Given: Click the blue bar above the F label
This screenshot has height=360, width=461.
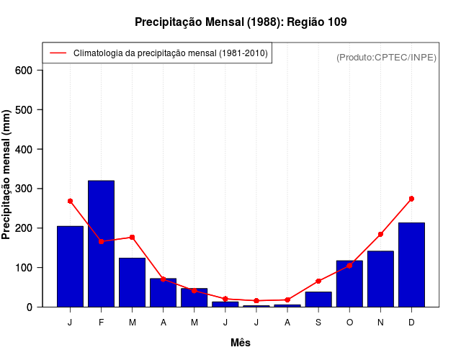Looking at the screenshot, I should pyautogui.click(x=101, y=243).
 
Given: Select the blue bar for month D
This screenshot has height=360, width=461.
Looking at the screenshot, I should pyautogui.click(x=411, y=264).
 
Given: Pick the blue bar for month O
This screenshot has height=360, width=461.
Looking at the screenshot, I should pyautogui.click(x=349, y=283).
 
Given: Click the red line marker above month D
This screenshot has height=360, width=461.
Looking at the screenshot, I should pyautogui.click(x=411, y=199).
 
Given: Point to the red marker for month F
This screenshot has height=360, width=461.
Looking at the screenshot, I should pyautogui.click(x=101, y=241).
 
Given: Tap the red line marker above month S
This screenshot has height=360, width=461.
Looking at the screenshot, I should pyautogui.click(x=318, y=281).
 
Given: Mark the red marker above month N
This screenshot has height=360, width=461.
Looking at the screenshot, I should pyautogui.click(x=380, y=234).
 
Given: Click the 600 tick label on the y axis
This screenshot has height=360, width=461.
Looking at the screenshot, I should pyautogui.click(x=24, y=71).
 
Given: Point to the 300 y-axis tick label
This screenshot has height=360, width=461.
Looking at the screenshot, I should pyautogui.click(x=24, y=189).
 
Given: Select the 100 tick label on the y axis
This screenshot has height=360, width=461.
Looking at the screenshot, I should pyautogui.click(x=24, y=268).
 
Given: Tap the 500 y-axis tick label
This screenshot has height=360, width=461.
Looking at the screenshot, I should pyautogui.click(x=24, y=110).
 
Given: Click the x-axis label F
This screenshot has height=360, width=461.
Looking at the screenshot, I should pyautogui.click(x=101, y=323).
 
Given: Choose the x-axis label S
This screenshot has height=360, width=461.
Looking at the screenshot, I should pyautogui.click(x=318, y=323).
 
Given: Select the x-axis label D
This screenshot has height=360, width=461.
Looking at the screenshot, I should pyautogui.click(x=411, y=323).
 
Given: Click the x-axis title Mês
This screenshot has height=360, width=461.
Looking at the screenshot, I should pyautogui.click(x=241, y=343).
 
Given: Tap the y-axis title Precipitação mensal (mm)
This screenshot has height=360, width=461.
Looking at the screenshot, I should pyautogui.click(x=7, y=175).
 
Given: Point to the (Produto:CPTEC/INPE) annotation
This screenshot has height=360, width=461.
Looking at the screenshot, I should pyautogui.click(x=386, y=57).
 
